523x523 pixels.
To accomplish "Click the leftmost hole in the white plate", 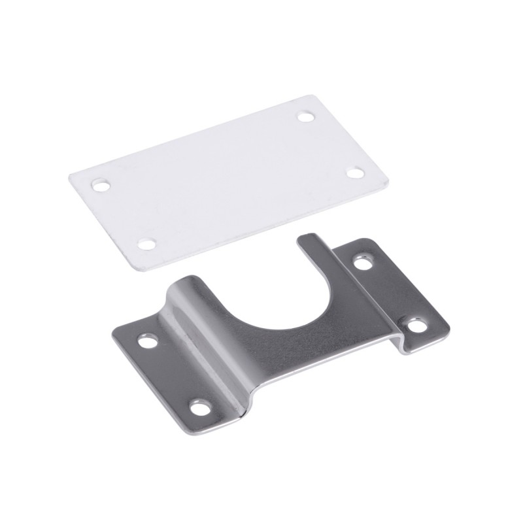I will (100, 186).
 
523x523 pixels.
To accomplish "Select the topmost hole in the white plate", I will (305, 117).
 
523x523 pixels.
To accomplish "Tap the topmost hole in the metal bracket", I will (362, 263).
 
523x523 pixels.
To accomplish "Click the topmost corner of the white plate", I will (312, 97).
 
